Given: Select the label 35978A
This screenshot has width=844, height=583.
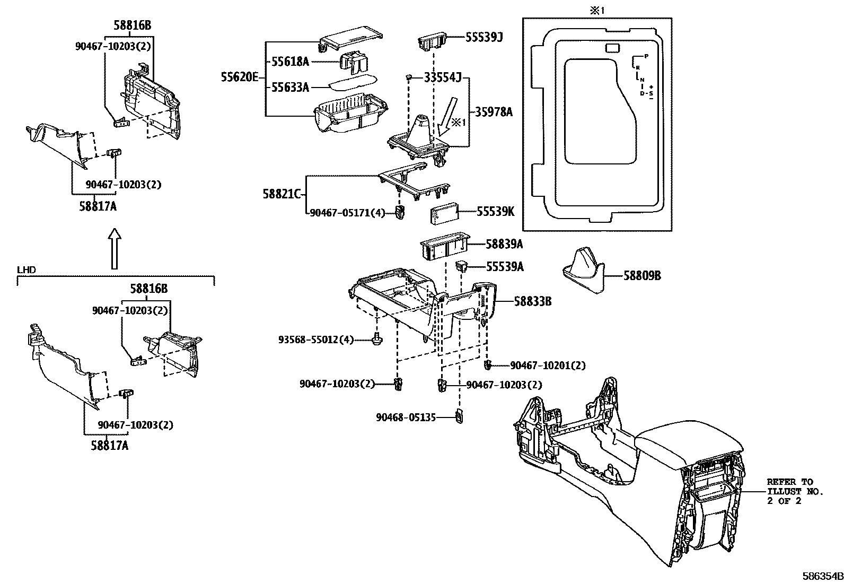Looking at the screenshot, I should coord(494,112).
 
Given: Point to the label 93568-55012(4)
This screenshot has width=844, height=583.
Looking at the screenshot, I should coord(316,340).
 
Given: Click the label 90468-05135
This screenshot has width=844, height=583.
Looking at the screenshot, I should coord(406,417).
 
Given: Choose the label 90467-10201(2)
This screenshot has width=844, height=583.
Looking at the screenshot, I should coord(548,366).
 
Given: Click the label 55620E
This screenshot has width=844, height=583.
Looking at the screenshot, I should coord(239,77).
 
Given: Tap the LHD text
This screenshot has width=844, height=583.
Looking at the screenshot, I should coord(27,270).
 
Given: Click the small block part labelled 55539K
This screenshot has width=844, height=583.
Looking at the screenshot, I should coord(444,215).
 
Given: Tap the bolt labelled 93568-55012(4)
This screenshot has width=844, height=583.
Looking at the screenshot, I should coord(377,340).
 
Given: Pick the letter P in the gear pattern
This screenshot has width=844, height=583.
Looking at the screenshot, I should coord(646,55).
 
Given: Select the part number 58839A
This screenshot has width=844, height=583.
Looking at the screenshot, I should coord(504,244).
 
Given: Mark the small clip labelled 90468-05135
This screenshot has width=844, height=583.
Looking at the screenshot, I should coord(459,417).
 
